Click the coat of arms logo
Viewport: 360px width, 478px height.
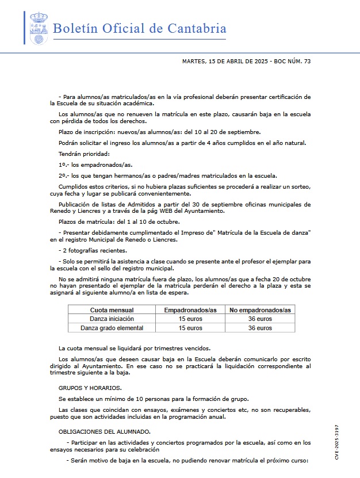coord(39,28)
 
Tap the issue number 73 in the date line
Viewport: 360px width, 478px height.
coord(307,61)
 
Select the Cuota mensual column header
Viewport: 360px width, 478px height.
coord(112,310)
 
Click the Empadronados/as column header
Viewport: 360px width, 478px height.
coord(190,310)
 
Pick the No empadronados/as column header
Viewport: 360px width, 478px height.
coord(260,310)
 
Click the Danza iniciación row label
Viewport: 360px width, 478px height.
coord(112,319)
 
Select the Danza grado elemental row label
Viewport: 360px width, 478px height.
coord(112,328)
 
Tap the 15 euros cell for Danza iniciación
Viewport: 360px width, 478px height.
coord(190,319)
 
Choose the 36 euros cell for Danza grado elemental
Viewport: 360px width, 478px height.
coord(260,328)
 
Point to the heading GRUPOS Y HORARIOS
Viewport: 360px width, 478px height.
coord(90,388)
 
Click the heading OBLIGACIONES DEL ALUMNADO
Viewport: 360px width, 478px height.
coord(105,431)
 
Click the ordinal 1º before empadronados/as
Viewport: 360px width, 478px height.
coord(63,165)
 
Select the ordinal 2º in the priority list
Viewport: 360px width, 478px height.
coord(63,175)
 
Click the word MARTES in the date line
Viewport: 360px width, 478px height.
coord(193,61)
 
